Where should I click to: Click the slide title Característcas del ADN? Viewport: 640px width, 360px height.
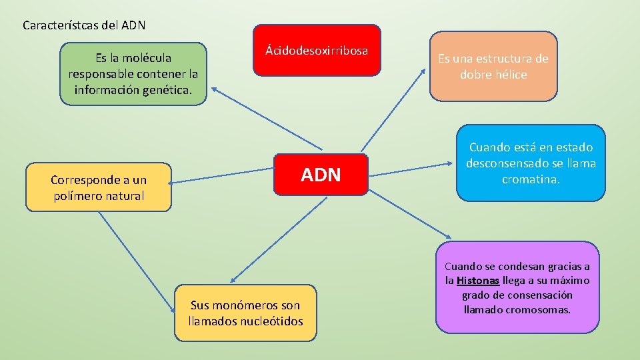point(84,26)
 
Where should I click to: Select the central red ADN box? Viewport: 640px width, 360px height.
point(321,175)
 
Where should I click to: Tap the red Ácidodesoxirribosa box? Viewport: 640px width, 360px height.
point(317,50)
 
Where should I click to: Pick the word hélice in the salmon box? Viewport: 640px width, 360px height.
point(511,75)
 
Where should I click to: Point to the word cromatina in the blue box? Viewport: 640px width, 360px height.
point(531,179)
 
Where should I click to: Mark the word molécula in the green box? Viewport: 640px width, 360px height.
point(143,58)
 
